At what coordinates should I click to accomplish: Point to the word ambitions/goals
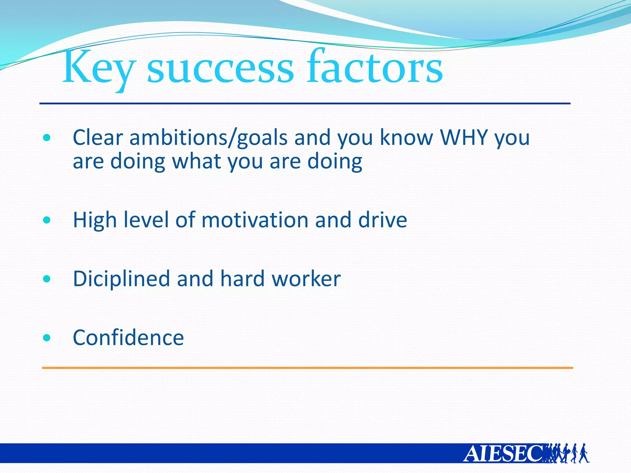[208, 138]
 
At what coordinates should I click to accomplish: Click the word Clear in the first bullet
[98, 137]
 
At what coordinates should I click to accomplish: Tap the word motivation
[255, 220]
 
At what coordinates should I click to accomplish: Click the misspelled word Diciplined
[121, 279]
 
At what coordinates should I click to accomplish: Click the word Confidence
[128, 338]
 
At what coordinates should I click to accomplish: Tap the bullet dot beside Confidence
[47, 338]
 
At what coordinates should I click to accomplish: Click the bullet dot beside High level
[47, 220]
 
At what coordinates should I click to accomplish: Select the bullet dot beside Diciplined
[47, 279]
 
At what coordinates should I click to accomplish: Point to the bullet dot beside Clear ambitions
[47, 138]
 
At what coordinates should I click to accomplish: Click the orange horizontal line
[307, 368]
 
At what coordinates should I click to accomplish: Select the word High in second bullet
[95, 220]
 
